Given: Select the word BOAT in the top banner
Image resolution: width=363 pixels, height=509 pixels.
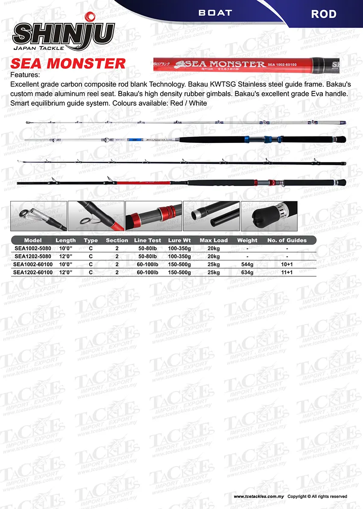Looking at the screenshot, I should click(x=215, y=13).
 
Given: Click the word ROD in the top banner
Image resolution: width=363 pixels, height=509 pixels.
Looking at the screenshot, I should click(x=323, y=14).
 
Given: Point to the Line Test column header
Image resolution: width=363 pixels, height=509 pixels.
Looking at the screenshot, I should click(x=147, y=240).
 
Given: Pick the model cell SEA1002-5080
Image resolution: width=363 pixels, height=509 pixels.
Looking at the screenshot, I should click(x=33, y=248).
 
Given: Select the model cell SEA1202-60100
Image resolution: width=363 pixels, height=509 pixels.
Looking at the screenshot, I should click(x=33, y=272).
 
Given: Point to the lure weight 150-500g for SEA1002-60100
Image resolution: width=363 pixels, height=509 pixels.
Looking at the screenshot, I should click(x=179, y=264).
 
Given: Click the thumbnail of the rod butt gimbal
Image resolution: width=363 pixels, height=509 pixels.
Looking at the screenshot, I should click(x=269, y=216).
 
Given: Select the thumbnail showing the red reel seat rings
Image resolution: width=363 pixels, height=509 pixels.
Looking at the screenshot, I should click(x=153, y=216).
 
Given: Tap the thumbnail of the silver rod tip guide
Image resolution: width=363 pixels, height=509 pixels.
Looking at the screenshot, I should click(x=38, y=216).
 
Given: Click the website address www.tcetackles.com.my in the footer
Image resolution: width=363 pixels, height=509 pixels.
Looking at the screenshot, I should click(x=258, y=496).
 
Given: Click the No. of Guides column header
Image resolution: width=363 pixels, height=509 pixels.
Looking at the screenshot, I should click(x=287, y=240).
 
